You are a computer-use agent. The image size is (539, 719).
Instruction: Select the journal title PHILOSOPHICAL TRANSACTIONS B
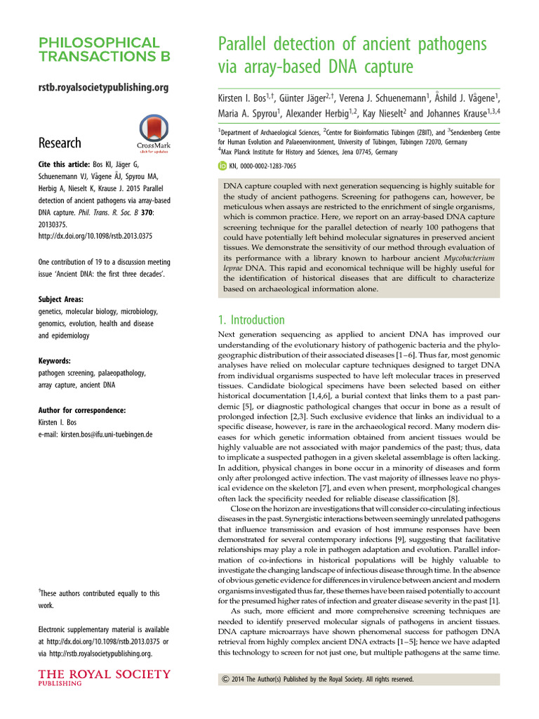pyautogui.click(x=100, y=50)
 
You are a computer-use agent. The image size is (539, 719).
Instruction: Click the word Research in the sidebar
pyautogui.click(x=60, y=143)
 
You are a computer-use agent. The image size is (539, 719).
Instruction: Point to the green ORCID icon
pyautogui.click(x=223, y=166)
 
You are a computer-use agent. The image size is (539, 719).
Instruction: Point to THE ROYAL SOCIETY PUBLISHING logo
pyautogui.click(x=104, y=679)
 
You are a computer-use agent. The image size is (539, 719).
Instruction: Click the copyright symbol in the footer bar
pyautogui.click(x=225, y=680)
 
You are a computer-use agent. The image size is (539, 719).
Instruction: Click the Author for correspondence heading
pyautogui.click(x=82, y=410)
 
